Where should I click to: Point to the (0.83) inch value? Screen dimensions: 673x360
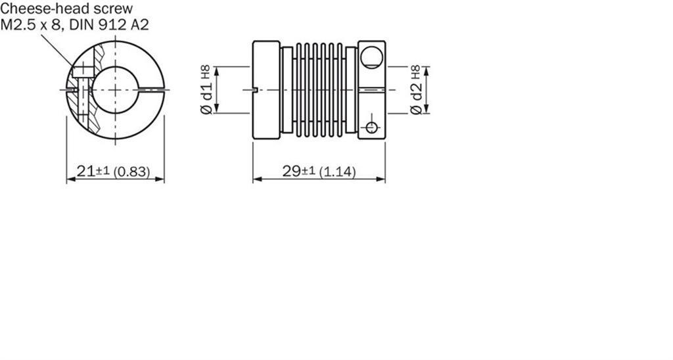(x=131, y=172)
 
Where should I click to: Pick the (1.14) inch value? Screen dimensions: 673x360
(x=338, y=172)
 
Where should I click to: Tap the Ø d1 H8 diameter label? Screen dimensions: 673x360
(x=206, y=90)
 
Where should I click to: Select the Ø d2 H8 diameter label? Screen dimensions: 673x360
(x=416, y=90)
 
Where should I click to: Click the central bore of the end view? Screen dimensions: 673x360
(x=116, y=90)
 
